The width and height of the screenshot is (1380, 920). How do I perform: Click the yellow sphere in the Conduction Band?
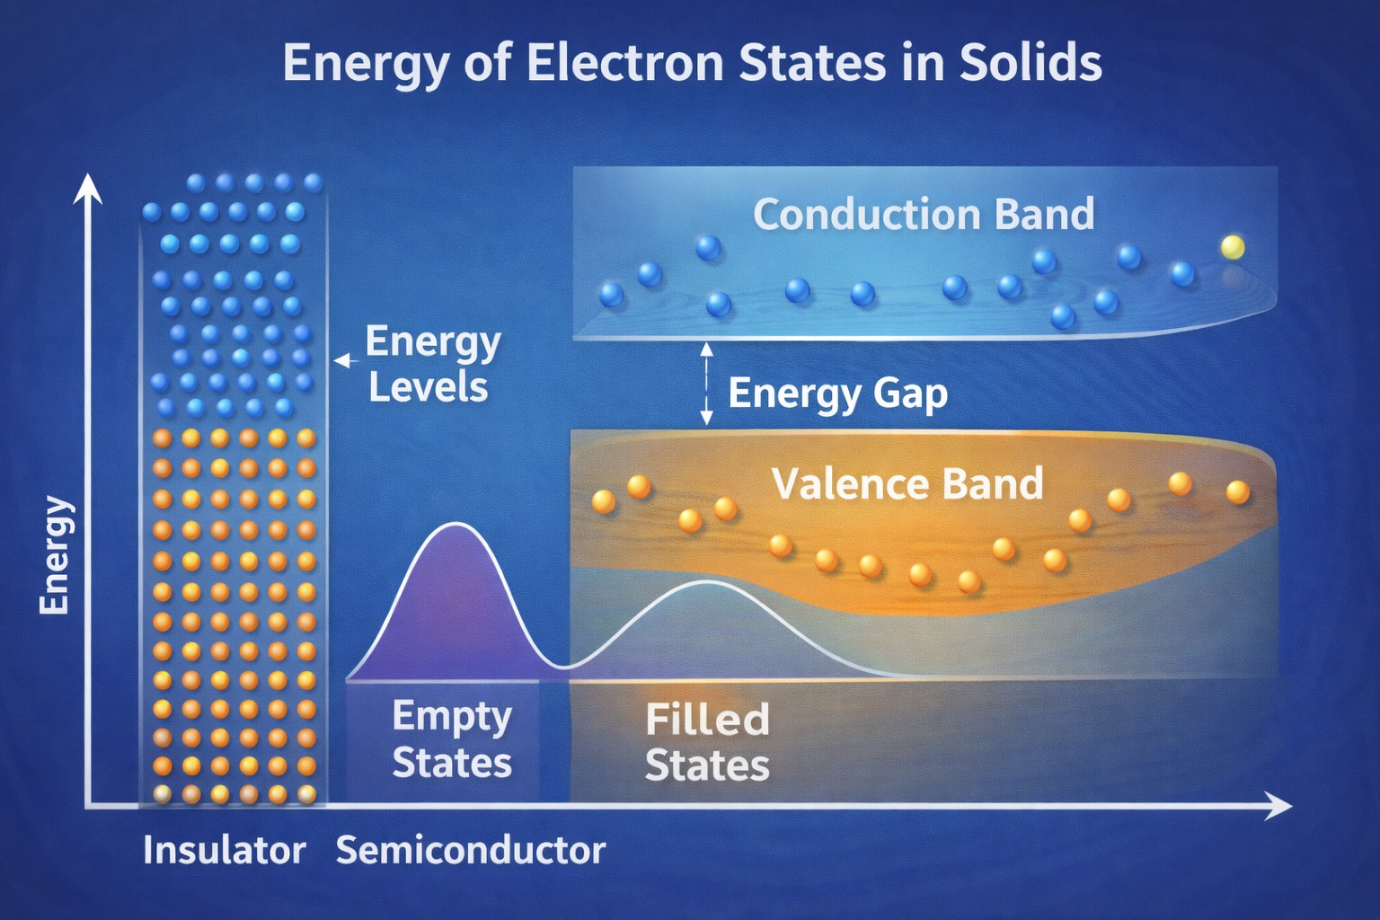click(1232, 247)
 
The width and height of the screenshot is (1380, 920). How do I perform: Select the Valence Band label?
click(907, 483)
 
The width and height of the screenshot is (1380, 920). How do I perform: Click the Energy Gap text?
click(838, 394)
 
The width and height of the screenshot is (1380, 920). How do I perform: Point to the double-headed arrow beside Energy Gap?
click(707, 384)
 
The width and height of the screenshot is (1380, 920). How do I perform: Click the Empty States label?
click(452, 739)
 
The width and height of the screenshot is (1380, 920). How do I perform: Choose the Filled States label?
click(707, 742)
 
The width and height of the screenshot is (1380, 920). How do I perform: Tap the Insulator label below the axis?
click(225, 850)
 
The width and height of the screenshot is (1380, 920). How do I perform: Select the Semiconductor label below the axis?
click(471, 850)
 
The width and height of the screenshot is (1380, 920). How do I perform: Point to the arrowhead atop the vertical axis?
click(88, 188)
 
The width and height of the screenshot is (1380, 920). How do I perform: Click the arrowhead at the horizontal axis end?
click(1278, 806)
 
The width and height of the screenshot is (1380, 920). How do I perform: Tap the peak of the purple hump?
click(456, 523)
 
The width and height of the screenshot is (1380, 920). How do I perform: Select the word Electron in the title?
click(624, 62)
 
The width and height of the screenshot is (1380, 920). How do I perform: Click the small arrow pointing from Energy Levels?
click(346, 361)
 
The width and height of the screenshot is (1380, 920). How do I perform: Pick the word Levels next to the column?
click(429, 387)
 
